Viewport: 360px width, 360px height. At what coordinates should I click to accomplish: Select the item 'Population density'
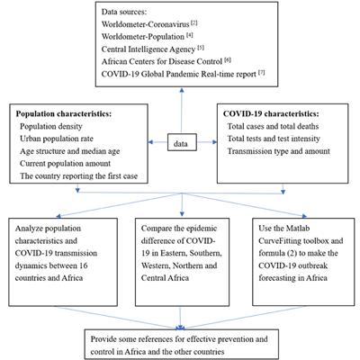(x=58, y=130)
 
